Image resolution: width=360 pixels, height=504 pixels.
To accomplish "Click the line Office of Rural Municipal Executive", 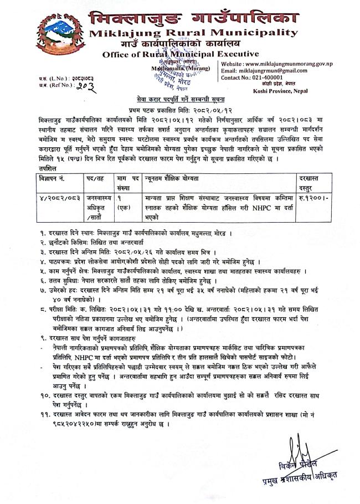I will (x=180, y=54).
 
